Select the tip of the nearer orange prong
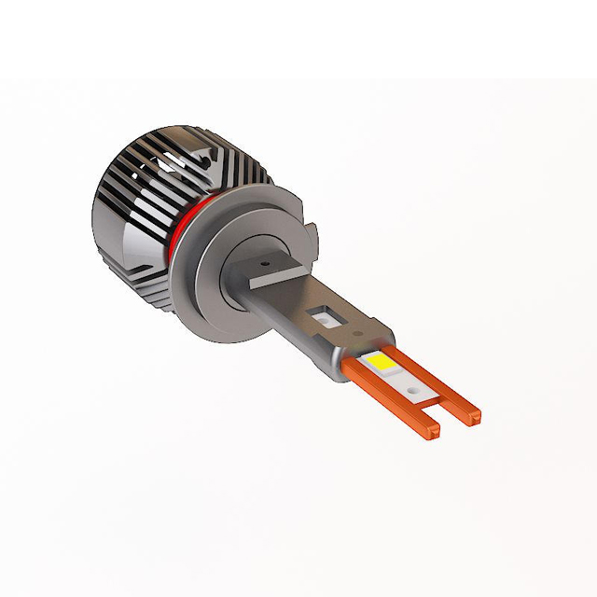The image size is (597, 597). click(x=431, y=432)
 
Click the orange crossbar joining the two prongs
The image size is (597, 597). click(x=424, y=397)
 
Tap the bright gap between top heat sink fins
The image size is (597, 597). click(x=201, y=159)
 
